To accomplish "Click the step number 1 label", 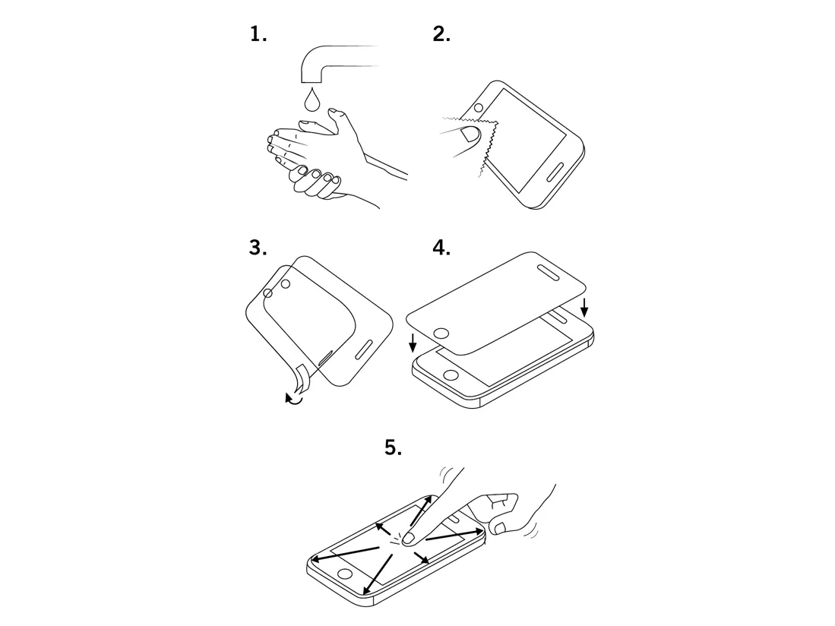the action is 258,35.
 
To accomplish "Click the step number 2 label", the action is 441,35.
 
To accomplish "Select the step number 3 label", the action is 258,248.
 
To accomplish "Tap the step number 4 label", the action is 441,248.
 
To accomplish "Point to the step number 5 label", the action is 393,447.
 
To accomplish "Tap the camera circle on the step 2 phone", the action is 478,108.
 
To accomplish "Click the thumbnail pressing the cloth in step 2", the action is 470,134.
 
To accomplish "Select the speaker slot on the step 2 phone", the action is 555,172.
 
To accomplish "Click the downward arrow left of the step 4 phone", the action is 412,343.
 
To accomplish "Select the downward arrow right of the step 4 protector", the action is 584,308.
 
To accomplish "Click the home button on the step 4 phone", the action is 451,375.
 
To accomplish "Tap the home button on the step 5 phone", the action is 345,574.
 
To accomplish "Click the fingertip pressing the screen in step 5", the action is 409,539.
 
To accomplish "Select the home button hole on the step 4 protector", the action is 442,334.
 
